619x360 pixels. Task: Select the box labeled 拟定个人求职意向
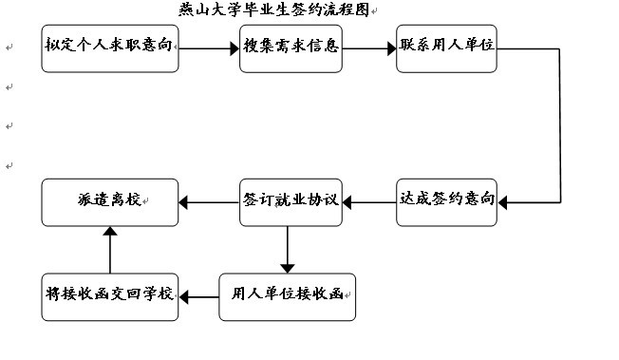[x=110, y=46]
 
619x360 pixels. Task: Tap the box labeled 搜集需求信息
[x=291, y=46]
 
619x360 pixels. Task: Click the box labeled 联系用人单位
[x=446, y=46]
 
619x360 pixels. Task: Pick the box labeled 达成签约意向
[x=446, y=200]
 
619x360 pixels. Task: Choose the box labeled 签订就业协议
[x=290, y=200]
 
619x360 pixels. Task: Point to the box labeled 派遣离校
[x=110, y=200]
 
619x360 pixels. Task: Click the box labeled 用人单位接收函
[x=290, y=296]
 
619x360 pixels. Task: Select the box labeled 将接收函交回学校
[x=110, y=296]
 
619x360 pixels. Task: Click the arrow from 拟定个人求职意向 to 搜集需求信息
[x=209, y=46]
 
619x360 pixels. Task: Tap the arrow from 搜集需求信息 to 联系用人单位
[x=368, y=46]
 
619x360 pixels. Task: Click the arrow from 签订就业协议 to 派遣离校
[x=209, y=200]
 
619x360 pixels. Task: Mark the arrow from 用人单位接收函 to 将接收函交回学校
[x=198, y=297]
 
